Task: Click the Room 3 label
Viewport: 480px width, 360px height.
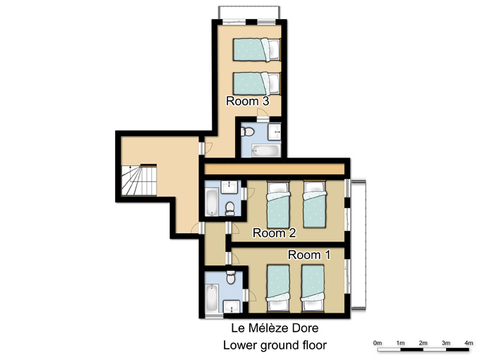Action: [247, 101]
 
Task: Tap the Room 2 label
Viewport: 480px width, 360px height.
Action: [274, 233]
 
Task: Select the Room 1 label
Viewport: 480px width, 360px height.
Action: [309, 255]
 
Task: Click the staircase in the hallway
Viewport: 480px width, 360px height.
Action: [139, 180]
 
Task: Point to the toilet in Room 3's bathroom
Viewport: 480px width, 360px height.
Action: [248, 132]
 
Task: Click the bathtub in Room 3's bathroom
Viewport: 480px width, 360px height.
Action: [265, 150]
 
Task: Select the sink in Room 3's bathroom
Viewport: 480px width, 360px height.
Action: [275, 131]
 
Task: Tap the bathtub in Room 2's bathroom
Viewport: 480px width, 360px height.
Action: [212, 203]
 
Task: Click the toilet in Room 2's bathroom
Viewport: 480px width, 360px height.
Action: [229, 209]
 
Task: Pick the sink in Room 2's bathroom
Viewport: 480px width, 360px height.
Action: [229, 187]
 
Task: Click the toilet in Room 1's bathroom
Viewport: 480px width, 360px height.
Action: [231, 277]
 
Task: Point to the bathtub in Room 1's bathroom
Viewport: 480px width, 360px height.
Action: [212, 298]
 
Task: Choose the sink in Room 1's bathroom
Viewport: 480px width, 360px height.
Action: [232, 306]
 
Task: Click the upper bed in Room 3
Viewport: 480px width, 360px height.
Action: [256, 49]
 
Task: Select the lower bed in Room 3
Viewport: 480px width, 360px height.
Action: [256, 83]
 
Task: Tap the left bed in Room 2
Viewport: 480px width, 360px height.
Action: [278, 205]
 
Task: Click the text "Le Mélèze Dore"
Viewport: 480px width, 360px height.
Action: [275, 328]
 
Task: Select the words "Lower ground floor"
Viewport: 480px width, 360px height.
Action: [275, 345]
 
